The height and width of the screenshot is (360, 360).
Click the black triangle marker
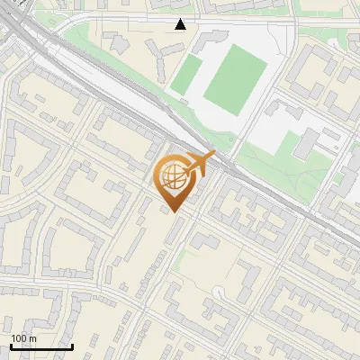coord(181,24)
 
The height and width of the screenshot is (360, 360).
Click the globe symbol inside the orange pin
coord(173,178)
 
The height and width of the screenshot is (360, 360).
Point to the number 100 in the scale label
coord(19,338)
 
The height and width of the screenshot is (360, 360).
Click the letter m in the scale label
coord(32,338)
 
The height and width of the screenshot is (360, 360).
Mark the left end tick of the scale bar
coord(11,346)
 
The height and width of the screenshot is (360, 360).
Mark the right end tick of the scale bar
coord(72,346)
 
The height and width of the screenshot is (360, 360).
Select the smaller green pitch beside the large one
coord(184,77)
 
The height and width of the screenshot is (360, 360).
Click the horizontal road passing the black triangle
coord(135,16)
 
